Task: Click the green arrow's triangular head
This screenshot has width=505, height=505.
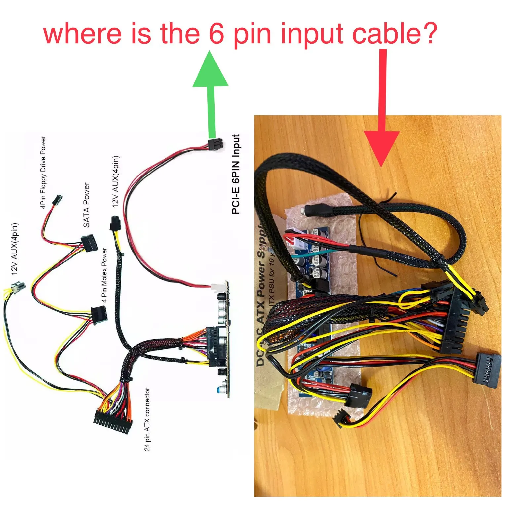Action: tap(211, 70)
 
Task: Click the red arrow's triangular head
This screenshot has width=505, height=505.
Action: tap(382, 147)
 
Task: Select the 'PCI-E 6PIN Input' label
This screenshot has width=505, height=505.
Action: tap(235, 174)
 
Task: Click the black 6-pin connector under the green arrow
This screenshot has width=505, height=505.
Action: tap(215, 144)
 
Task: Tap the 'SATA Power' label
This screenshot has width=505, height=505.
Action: tap(86, 205)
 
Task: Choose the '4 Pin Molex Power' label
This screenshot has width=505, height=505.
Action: tap(104, 275)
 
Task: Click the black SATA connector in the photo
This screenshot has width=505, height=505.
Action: tap(486, 370)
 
